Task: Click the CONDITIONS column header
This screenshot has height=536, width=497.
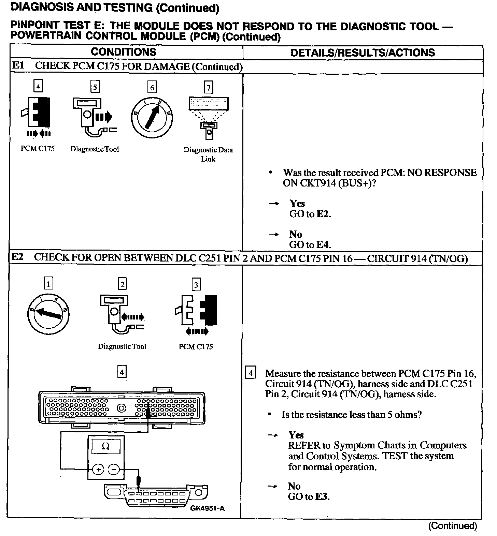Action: (x=123, y=52)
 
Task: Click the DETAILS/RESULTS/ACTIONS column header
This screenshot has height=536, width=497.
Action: (x=363, y=53)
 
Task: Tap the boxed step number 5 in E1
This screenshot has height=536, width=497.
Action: (x=95, y=87)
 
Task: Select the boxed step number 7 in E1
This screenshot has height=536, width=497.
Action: (x=208, y=88)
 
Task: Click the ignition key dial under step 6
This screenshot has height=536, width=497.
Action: (x=152, y=115)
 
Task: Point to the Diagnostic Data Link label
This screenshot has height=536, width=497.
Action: (x=208, y=154)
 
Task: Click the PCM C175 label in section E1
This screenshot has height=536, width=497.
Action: (x=38, y=149)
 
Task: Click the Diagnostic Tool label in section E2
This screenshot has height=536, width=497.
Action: (x=122, y=346)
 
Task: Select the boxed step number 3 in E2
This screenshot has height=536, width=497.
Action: (x=196, y=285)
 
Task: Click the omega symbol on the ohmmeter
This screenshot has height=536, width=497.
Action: (x=105, y=446)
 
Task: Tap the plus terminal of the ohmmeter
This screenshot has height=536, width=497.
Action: (x=98, y=470)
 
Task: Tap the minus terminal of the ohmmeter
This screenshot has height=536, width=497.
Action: (x=114, y=470)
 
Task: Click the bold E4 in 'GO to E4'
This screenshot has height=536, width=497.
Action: (x=324, y=245)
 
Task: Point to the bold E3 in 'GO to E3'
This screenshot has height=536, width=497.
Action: (x=322, y=497)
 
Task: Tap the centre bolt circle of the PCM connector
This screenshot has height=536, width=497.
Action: (x=122, y=408)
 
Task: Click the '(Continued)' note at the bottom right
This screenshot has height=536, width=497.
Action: (x=452, y=526)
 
